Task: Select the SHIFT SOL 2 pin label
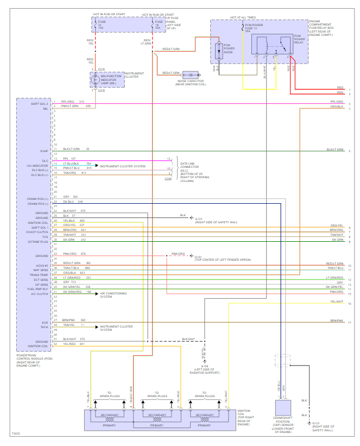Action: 40,102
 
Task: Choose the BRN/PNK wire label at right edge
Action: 337,321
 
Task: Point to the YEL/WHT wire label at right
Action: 337,301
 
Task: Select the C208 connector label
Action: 168,178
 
